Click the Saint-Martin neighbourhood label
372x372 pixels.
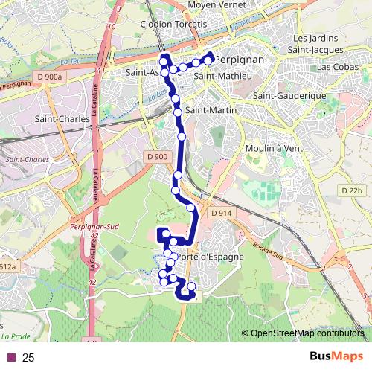coord(213,110)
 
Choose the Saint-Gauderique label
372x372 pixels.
coord(286,96)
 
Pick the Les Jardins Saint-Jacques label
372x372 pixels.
coord(318,44)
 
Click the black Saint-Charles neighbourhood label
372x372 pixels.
coord(63,118)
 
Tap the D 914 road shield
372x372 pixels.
coord(221,214)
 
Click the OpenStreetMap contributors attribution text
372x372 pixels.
coord(307,333)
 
